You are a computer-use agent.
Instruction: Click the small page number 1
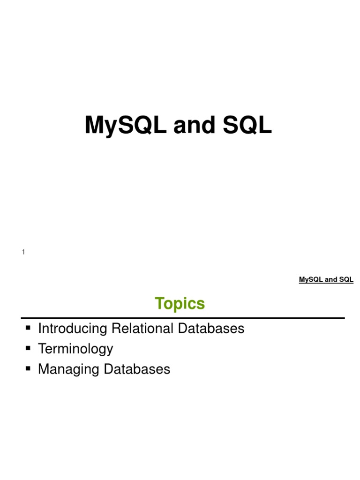point(23,253)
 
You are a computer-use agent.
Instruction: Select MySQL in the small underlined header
point(310,280)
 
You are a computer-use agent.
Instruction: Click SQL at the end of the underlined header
point(346,280)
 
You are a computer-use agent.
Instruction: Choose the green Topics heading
point(180,304)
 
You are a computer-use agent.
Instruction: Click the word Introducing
point(73,329)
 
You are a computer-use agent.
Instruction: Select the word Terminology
point(75,349)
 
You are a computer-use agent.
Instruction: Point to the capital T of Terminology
point(41,349)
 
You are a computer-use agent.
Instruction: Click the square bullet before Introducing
point(28,327)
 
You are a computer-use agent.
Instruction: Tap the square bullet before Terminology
point(28,348)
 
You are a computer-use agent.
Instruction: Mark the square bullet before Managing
point(28,368)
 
